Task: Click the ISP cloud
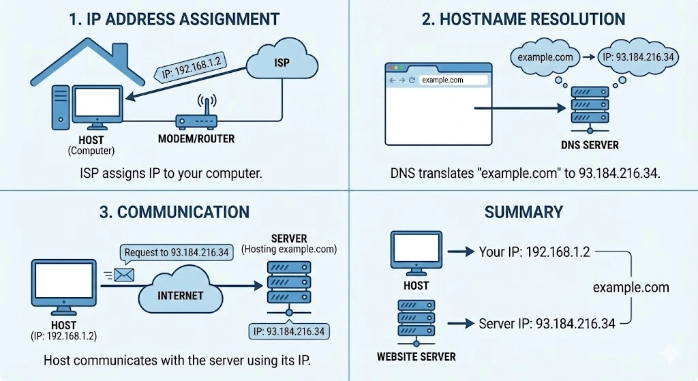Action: tap(281, 63)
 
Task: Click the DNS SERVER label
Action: tap(590, 145)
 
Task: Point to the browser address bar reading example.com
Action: tap(453, 80)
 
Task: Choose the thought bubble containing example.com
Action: tap(545, 57)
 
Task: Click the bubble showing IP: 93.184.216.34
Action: tap(637, 57)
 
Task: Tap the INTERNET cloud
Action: tap(181, 295)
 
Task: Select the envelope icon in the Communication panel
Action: tap(124, 274)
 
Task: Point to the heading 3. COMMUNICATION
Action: tap(174, 211)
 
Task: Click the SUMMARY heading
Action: tap(523, 212)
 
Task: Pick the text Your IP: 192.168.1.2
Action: tap(534, 252)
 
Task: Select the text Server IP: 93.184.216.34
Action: tap(547, 323)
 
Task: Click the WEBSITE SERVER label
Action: tap(416, 356)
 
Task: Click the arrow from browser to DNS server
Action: tap(518, 108)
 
